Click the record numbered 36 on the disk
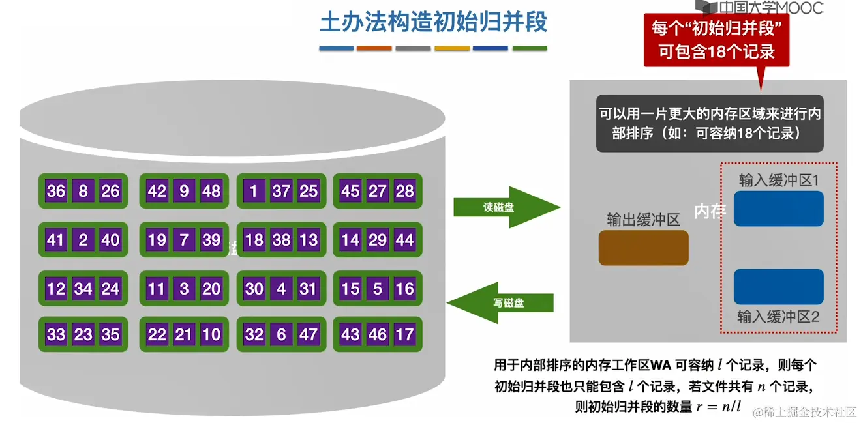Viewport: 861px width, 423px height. (56, 191)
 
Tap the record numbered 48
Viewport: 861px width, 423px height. (211, 191)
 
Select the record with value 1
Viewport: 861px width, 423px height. (254, 191)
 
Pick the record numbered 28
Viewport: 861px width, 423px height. (405, 191)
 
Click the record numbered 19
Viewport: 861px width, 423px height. (157, 240)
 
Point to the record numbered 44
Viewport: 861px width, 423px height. (405, 240)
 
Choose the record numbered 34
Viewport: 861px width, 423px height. (83, 288)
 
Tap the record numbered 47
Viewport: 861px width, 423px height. (309, 335)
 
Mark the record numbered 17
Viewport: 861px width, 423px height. (405, 335)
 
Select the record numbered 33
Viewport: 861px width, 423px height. (56, 335)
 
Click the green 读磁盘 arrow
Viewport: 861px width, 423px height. (506, 207)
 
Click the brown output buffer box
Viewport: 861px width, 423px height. (643, 248)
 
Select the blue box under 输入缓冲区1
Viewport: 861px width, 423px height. (778, 209)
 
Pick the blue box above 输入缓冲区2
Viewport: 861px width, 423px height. (778, 287)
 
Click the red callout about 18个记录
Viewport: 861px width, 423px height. (716, 40)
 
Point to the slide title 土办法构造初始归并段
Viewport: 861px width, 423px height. (433, 22)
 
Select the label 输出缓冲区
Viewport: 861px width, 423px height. (643, 220)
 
